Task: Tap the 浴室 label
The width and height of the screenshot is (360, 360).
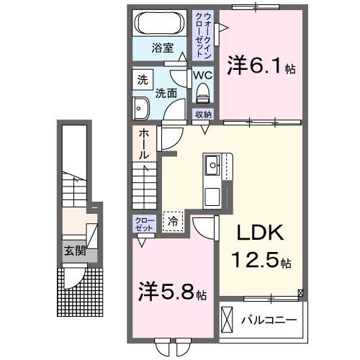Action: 162,48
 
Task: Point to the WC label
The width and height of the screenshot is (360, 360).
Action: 202,75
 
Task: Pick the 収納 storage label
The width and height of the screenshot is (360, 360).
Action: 202,114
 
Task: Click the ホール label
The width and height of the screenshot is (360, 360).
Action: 143,144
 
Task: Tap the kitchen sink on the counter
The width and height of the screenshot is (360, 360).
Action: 214,167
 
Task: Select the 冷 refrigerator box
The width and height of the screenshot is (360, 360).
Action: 173,222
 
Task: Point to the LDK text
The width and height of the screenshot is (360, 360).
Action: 254,233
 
